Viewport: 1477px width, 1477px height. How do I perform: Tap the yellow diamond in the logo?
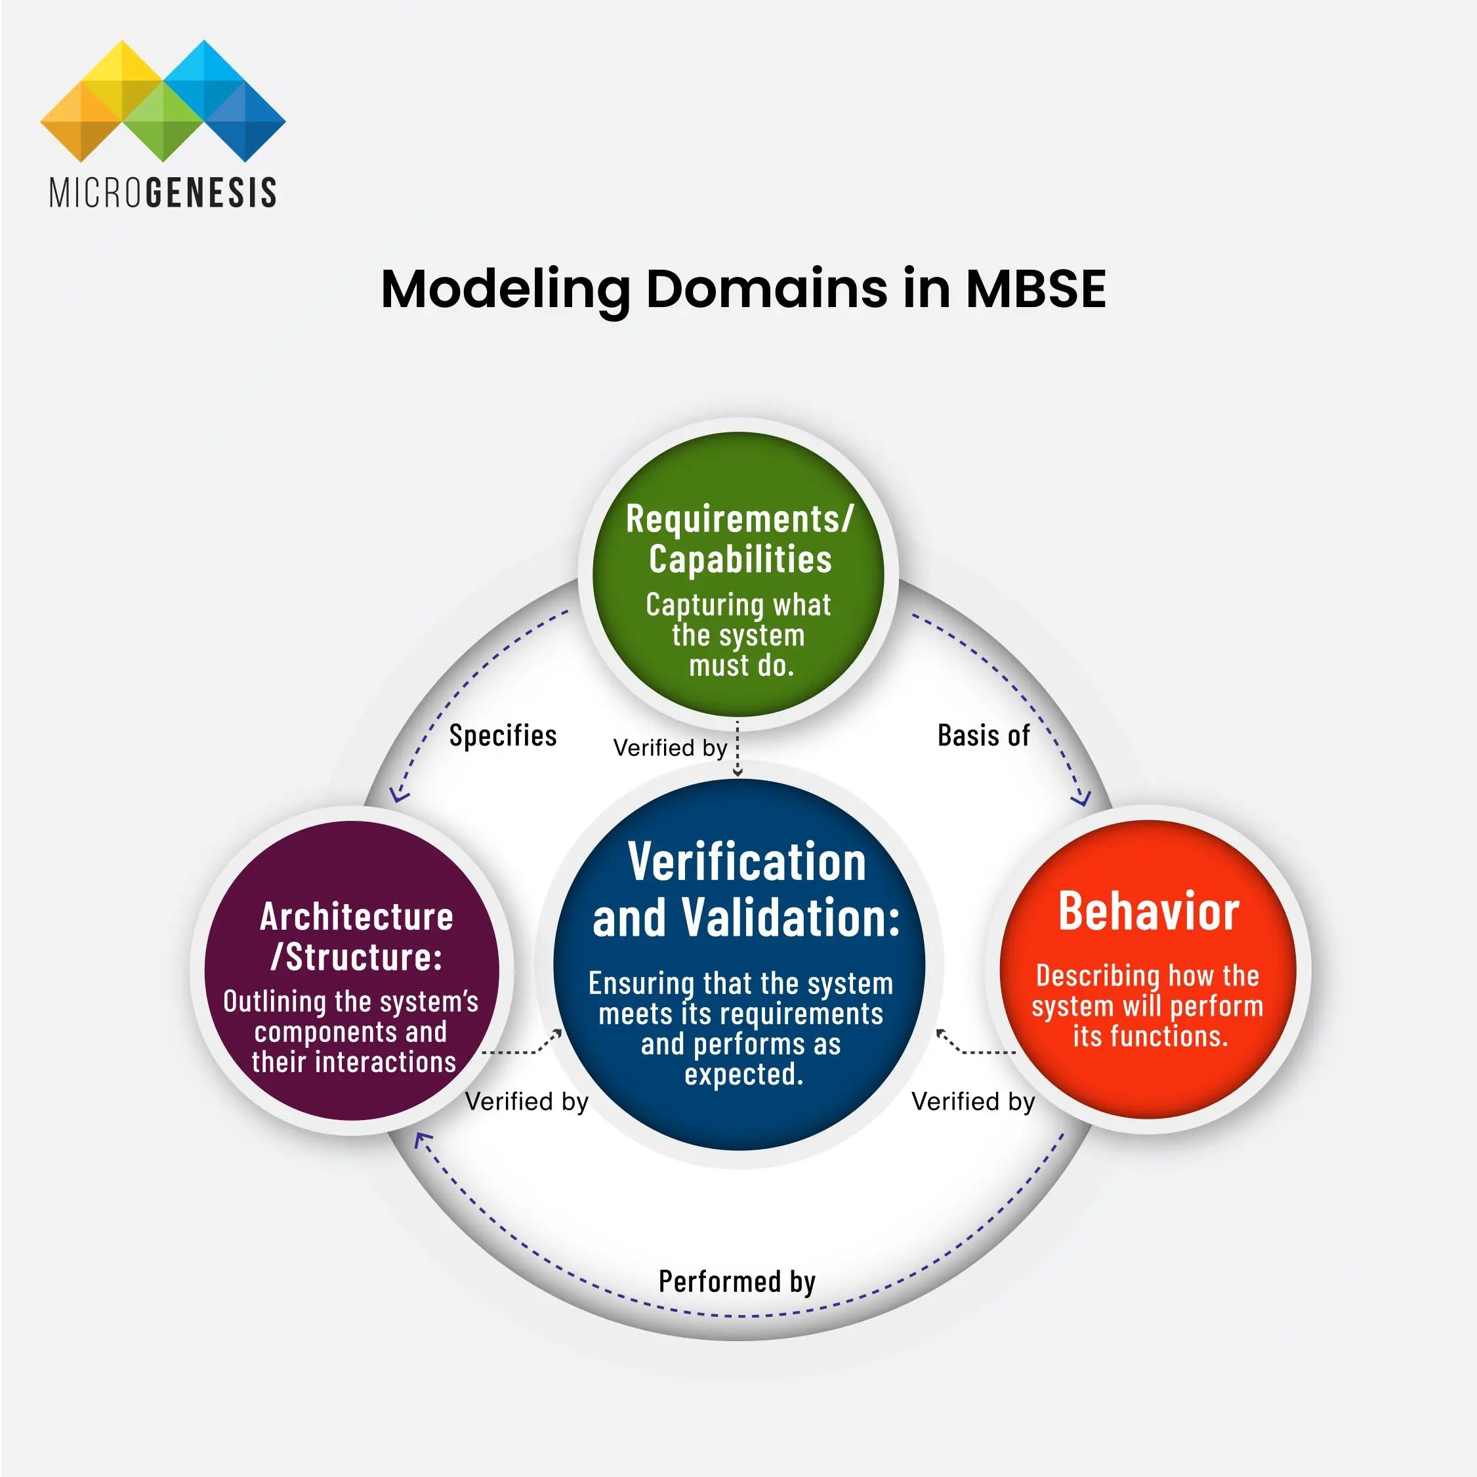pos(120,77)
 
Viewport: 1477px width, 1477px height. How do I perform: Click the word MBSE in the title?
pos(1035,289)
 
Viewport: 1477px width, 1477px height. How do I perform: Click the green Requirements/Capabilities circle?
pos(739,573)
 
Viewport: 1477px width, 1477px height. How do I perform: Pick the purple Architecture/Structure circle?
pos(352,971)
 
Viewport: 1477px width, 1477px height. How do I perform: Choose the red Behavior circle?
pos(1148,969)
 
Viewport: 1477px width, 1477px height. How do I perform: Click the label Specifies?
pos(502,736)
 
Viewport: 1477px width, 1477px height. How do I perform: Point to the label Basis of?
pos(983,736)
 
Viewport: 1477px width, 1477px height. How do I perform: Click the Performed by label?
pos(737,1281)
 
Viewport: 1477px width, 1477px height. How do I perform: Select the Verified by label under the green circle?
pos(670,747)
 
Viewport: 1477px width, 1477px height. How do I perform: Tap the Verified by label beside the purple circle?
pos(527,1102)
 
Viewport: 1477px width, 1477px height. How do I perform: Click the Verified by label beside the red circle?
pos(973,1102)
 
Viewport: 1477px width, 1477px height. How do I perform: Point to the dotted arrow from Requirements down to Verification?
pos(738,749)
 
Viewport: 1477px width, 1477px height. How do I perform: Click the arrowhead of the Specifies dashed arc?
pos(397,796)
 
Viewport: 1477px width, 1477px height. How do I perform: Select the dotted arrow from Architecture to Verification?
pos(524,1049)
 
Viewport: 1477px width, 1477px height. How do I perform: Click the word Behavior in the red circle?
pos(1148,911)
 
